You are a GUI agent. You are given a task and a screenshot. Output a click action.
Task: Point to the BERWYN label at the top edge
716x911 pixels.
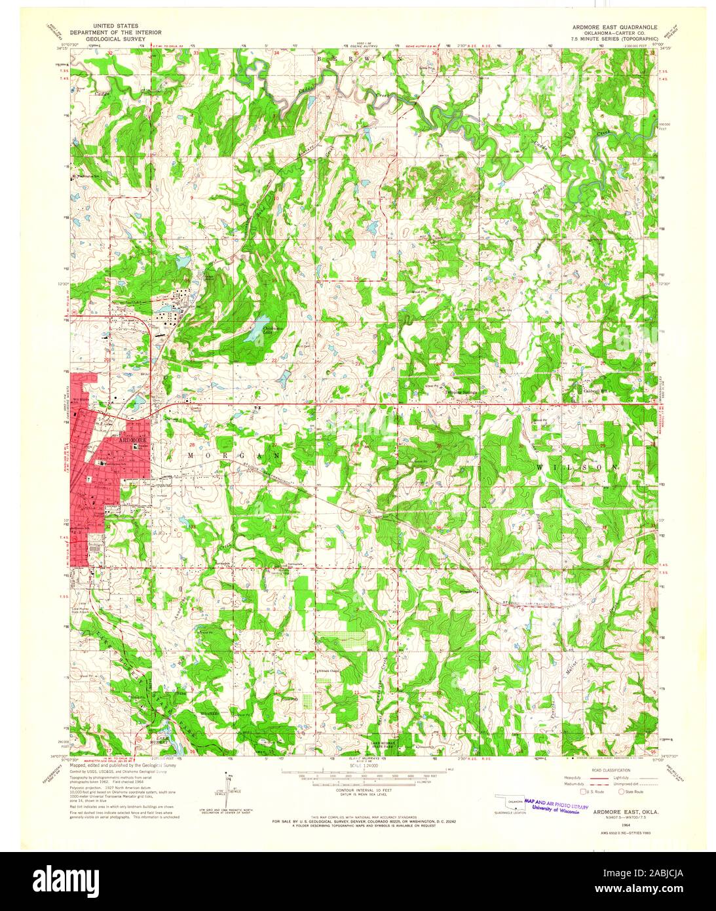pos(358,58)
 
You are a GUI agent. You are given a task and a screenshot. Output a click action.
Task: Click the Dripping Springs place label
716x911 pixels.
pos(462,393)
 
